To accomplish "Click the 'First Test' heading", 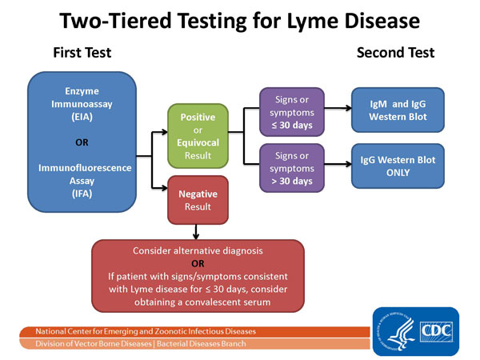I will pos(82,53).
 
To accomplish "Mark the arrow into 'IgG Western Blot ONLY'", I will pos(339,165).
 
